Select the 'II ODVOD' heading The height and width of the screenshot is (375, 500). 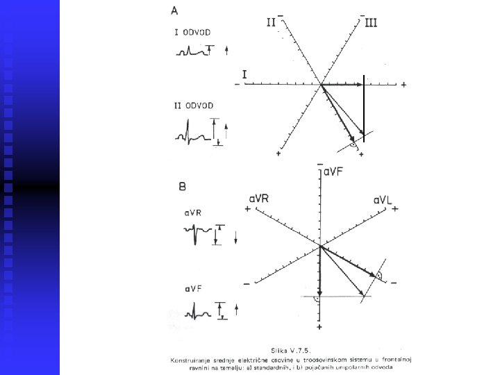pos(193,106)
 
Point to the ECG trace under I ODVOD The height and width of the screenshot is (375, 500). pos(192,51)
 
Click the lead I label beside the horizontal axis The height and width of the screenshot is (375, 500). pos(244,73)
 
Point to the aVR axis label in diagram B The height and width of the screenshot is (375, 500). pos(259,200)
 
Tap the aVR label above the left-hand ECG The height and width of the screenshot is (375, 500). pos(192,213)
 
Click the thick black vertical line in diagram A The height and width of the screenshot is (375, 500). pos(364,104)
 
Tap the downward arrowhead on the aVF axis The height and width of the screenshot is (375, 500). pos(319,293)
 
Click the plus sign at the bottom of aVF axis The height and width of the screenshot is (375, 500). pos(319,326)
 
